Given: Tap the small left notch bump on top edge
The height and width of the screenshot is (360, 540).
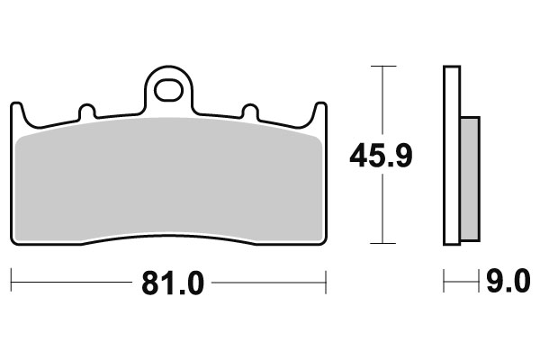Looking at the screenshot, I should [87, 112].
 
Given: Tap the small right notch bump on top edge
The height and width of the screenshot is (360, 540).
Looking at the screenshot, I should [250, 112].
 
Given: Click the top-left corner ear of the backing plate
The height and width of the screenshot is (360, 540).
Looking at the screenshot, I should [17, 109].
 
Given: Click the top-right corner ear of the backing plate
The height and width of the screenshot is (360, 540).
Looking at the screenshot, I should [319, 109].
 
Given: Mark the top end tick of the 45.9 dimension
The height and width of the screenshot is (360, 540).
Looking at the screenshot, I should [383, 66].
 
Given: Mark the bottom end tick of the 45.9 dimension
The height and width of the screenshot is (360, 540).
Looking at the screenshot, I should [383, 243].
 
